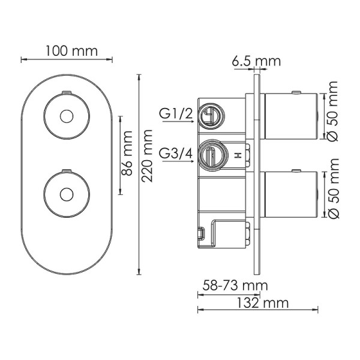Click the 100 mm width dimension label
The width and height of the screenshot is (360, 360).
tap(66, 51)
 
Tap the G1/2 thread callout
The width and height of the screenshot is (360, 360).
tap(175, 113)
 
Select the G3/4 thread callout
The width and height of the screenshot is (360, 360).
tap(176, 154)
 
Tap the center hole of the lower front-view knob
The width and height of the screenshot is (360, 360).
tap(67, 193)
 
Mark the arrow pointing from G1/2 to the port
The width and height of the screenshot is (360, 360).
tap(185, 122)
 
